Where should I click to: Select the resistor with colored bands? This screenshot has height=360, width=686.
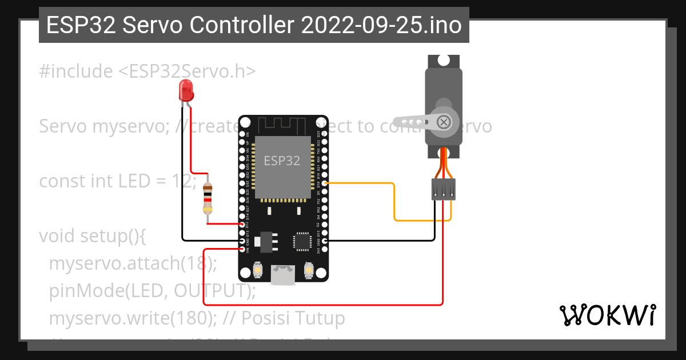click(208, 198)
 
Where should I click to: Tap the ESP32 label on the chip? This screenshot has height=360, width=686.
click(282, 161)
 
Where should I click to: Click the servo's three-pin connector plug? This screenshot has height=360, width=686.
click(443, 189)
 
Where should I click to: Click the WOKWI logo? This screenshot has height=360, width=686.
click(608, 314)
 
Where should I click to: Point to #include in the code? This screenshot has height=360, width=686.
click(76, 71)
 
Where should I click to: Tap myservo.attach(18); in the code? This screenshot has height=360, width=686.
click(133, 263)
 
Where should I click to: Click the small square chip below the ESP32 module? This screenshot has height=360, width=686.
click(301, 241)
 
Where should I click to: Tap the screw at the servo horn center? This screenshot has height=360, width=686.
click(444, 122)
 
